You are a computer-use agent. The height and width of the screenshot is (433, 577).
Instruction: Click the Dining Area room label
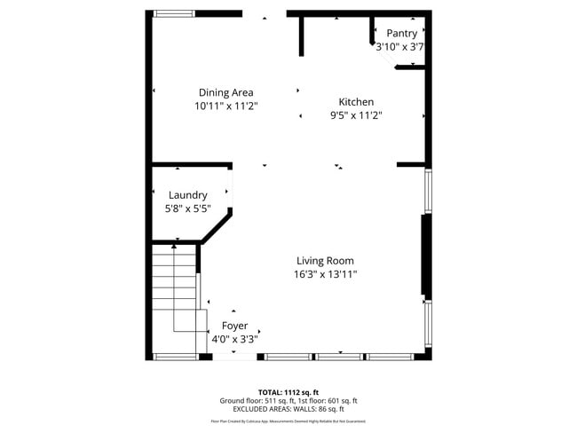coord(225,92)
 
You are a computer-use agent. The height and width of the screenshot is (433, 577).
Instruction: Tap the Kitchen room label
coord(356,102)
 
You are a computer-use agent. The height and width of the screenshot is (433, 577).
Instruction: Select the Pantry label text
coord(401,34)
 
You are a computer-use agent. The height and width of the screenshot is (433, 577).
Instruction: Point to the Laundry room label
coord(187,195)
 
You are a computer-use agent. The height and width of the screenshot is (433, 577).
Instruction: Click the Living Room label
coord(325,261)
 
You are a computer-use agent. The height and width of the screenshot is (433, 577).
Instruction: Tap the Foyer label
coord(234,326)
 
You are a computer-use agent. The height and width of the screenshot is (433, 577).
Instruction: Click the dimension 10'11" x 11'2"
coord(225,106)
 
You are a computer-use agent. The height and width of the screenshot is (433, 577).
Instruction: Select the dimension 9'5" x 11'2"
coord(356,115)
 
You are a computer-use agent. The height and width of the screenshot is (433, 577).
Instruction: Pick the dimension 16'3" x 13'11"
coord(325,274)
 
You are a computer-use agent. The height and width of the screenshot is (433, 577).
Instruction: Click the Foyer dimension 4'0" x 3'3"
coord(234,339)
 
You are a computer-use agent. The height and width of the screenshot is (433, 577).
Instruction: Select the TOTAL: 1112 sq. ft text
coord(288,391)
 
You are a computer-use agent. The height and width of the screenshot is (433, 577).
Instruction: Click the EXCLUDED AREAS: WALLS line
coord(288,409)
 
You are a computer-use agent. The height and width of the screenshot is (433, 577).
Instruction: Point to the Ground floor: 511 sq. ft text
coord(254,400)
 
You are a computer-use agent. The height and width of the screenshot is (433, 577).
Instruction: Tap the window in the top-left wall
coord(173,13)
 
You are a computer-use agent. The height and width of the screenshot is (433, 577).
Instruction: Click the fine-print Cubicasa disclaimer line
coord(288,421)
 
